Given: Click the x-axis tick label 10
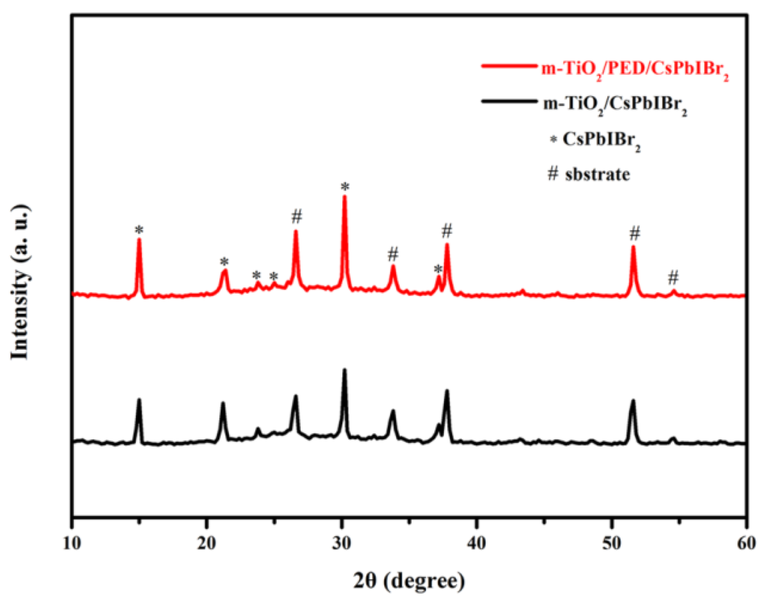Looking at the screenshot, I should pyautogui.click(x=72, y=543).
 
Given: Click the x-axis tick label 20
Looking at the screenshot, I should pyautogui.click(x=207, y=543).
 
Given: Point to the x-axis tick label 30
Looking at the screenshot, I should pyautogui.click(x=342, y=543).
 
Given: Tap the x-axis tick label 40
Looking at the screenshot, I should pyautogui.click(x=476, y=543).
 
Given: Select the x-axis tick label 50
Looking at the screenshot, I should pyautogui.click(x=611, y=543).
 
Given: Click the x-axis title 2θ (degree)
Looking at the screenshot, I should pyautogui.click(x=409, y=581).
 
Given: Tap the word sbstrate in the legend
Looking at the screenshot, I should pyautogui.click(x=597, y=175).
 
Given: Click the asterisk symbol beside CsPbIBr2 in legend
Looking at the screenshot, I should pyautogui.click(x=554, y=140).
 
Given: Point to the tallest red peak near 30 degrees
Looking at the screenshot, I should pyautogui.click(x=345, y=196).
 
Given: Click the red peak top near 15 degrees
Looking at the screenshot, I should pyautogui.click(x=139, y=239).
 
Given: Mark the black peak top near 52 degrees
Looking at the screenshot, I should pyautogui.click(x=633, y=401).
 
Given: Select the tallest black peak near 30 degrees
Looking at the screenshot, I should pyautogui.click(x=345, y=370).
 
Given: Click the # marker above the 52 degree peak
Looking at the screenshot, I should pyautogui.click(x=635, y=233).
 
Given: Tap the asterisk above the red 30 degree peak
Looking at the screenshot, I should pyautogui.click(x=345, y=187).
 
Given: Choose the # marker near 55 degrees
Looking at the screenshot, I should pyautogui.click(x=673, y=277).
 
